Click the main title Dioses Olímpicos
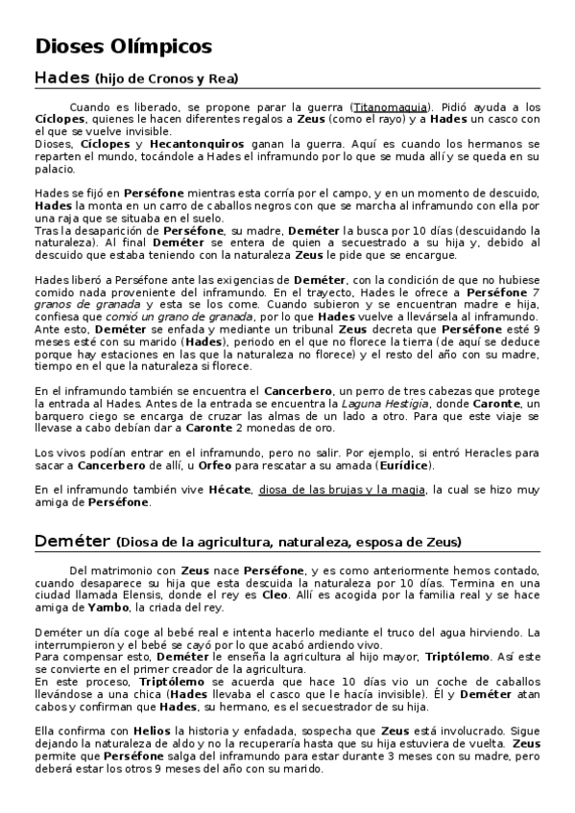point(123,46)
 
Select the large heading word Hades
point(61,78)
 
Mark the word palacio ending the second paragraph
point(55,169)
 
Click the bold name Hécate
point(228,490)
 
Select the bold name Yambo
point(107,607)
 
